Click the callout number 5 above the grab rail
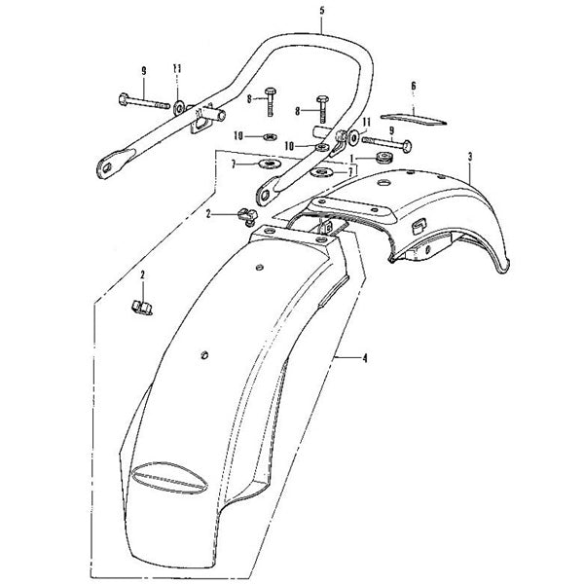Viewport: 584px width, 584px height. (x=322, y=11)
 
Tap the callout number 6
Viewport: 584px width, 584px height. (x=414, y=86)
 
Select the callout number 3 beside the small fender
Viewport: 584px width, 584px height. (x=470, y=157)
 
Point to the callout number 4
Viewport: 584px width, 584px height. (x=365, y=358)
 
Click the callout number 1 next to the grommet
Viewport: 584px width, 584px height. (x=351, y=159)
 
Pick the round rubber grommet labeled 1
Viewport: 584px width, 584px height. (x=383, y=157)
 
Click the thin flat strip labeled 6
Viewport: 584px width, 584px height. (x=414, y=119)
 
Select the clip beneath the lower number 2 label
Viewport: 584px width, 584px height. (x=142, y=308)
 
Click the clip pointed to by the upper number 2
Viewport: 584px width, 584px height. (x=247, y=216)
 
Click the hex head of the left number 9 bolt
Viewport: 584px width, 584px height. (x=124, y=99)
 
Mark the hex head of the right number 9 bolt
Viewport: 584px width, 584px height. (x=407, y=145)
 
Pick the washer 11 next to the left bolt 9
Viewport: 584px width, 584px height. (x=179, y=107)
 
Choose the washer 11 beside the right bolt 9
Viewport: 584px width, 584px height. (x=352, y=137)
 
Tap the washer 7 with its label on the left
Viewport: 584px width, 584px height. (x=269, y=164)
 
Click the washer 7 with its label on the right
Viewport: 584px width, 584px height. (x=320, y=172)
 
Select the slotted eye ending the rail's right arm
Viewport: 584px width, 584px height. (x=267, y=194)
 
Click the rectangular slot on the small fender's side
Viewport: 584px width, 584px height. (x=419, y=226)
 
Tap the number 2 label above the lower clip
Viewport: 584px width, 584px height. (x=143, y=275)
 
